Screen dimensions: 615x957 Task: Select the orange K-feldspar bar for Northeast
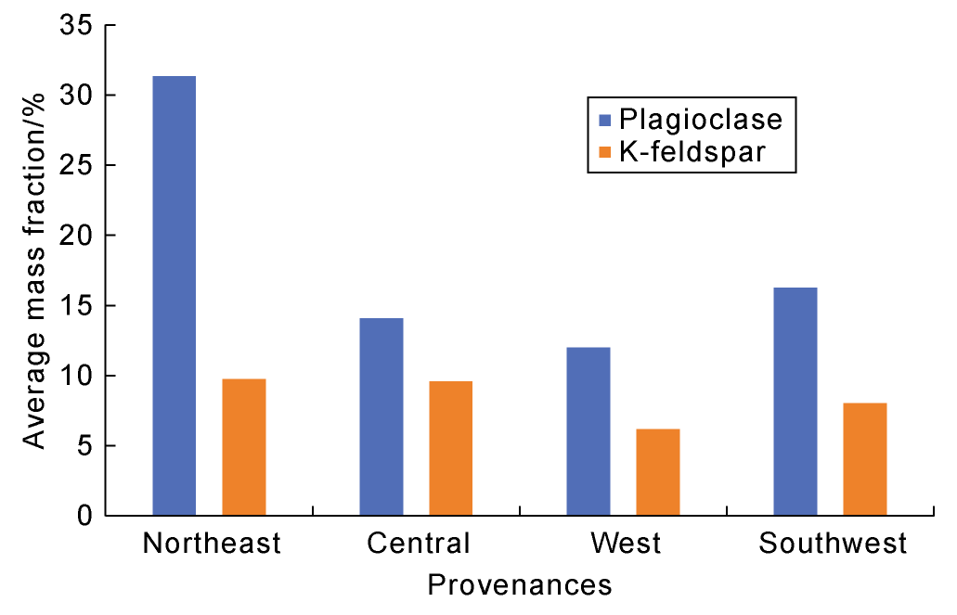244,446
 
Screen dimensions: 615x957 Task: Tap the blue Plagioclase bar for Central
381,416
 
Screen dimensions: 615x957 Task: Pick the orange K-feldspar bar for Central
450,448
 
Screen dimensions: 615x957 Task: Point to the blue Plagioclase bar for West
588,431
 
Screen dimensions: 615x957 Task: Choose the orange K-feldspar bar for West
657,471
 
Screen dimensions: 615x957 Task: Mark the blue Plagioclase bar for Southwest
795,401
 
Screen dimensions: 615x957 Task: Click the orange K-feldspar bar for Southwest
865,458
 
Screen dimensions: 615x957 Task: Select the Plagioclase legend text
701,120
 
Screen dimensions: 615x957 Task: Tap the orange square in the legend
605,150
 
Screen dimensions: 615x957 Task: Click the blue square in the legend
605,120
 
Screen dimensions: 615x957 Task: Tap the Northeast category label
212,544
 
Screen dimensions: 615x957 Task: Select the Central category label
419,544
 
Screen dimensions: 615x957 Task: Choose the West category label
627,544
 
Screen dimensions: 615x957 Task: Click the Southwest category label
833,544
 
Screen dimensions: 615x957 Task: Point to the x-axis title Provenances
520,586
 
